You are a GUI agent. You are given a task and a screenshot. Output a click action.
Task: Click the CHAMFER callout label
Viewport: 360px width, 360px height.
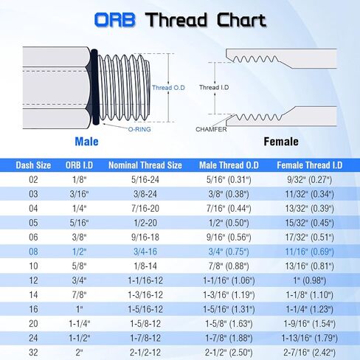click(211, 129)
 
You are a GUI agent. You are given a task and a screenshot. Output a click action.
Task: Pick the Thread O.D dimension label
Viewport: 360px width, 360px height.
click(170, 87)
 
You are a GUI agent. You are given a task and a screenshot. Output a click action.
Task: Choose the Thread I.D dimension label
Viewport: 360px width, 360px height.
click(211, 87)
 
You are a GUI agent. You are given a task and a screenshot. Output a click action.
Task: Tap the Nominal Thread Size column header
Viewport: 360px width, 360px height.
click(145, 165)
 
